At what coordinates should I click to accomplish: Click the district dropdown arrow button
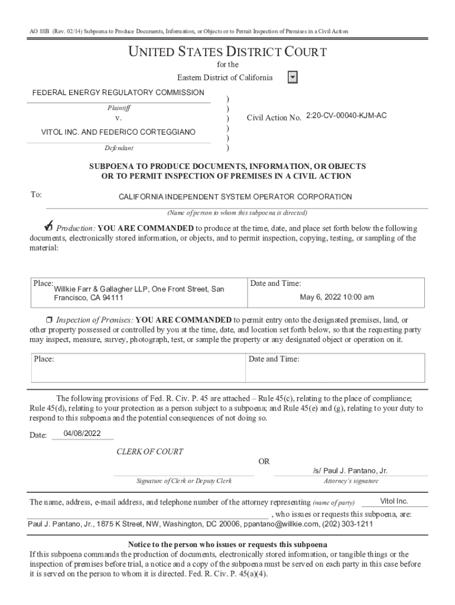coord(292,78)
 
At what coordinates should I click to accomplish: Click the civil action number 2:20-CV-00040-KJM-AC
coord(346,116)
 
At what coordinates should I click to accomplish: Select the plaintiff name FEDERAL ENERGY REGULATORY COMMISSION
coord(118,93)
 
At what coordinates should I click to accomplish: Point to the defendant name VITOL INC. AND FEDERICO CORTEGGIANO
coord(118,132)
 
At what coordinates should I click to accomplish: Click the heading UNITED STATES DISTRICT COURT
coord(227,53)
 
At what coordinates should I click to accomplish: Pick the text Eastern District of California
coord(225,78)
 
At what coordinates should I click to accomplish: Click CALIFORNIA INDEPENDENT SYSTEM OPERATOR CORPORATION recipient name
coord(235,197)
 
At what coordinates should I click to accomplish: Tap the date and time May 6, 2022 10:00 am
coord(337,297)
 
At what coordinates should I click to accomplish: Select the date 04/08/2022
coord(83,434)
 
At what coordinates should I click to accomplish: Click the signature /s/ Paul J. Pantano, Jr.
coord(350,471)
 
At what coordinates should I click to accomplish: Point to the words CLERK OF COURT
coord(149,452)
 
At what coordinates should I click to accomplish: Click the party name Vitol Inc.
coord(394,502)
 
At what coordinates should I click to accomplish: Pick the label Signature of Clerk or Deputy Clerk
coord(184,481)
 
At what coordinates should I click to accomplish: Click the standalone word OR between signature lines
coord(264,461)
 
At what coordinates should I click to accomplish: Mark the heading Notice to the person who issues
coord(227,544)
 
